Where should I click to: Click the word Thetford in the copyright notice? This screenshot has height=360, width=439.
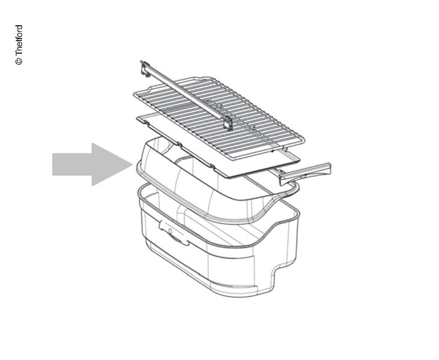[19, 41]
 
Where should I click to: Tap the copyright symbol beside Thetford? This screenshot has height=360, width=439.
[19, 62]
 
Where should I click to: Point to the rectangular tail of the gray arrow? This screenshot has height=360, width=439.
[72, 164]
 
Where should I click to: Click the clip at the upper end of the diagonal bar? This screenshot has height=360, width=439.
[145, 68]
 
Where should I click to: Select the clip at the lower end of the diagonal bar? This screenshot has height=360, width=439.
[228, 124]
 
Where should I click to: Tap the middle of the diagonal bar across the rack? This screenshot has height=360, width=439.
[186, 95]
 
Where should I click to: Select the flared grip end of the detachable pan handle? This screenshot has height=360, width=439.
[322, 170]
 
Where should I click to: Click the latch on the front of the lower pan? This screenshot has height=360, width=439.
[174, 232]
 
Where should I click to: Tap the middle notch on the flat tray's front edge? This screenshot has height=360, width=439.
[180, 145]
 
